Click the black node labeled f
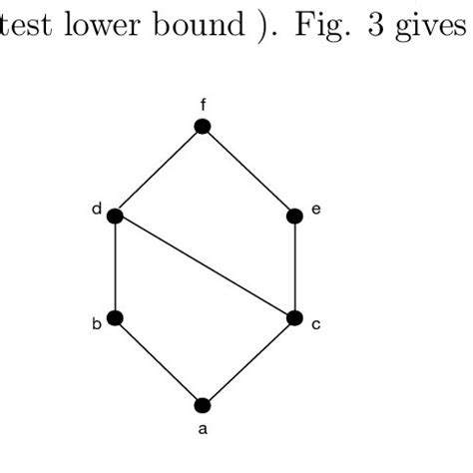(203, 126)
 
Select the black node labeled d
(115, 216)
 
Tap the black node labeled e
(294, 216)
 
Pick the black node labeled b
(115, 318)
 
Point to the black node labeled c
(294, 318)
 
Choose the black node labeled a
(203, 405)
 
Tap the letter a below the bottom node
(204, 431)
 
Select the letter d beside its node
(97, 210)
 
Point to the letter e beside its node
(314, 211)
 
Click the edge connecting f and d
(159, 171)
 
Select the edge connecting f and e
(248, 171)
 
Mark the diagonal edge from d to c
(205, 267)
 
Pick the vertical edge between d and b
(115, 267)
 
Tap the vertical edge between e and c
(294, 267)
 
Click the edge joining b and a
(159, 361)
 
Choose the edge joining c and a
(248, 361)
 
